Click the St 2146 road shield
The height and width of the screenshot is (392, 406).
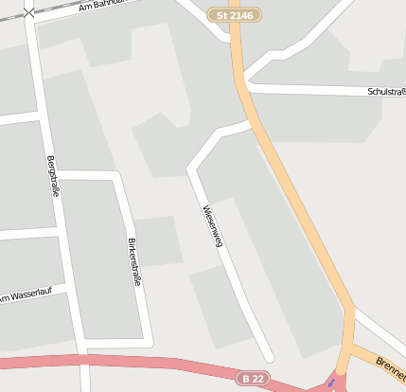click(234, 16)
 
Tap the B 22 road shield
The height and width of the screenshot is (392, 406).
click(253, 378)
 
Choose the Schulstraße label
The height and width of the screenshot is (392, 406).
click(386, 92)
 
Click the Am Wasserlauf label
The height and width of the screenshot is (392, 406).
click(28, 297)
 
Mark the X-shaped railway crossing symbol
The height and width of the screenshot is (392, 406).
click(29, 12)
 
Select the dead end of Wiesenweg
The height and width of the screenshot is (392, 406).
click(269, 357)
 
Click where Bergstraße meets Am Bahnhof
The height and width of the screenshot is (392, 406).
click(33, 21)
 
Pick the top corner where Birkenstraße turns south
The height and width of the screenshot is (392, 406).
click(116, 176)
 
